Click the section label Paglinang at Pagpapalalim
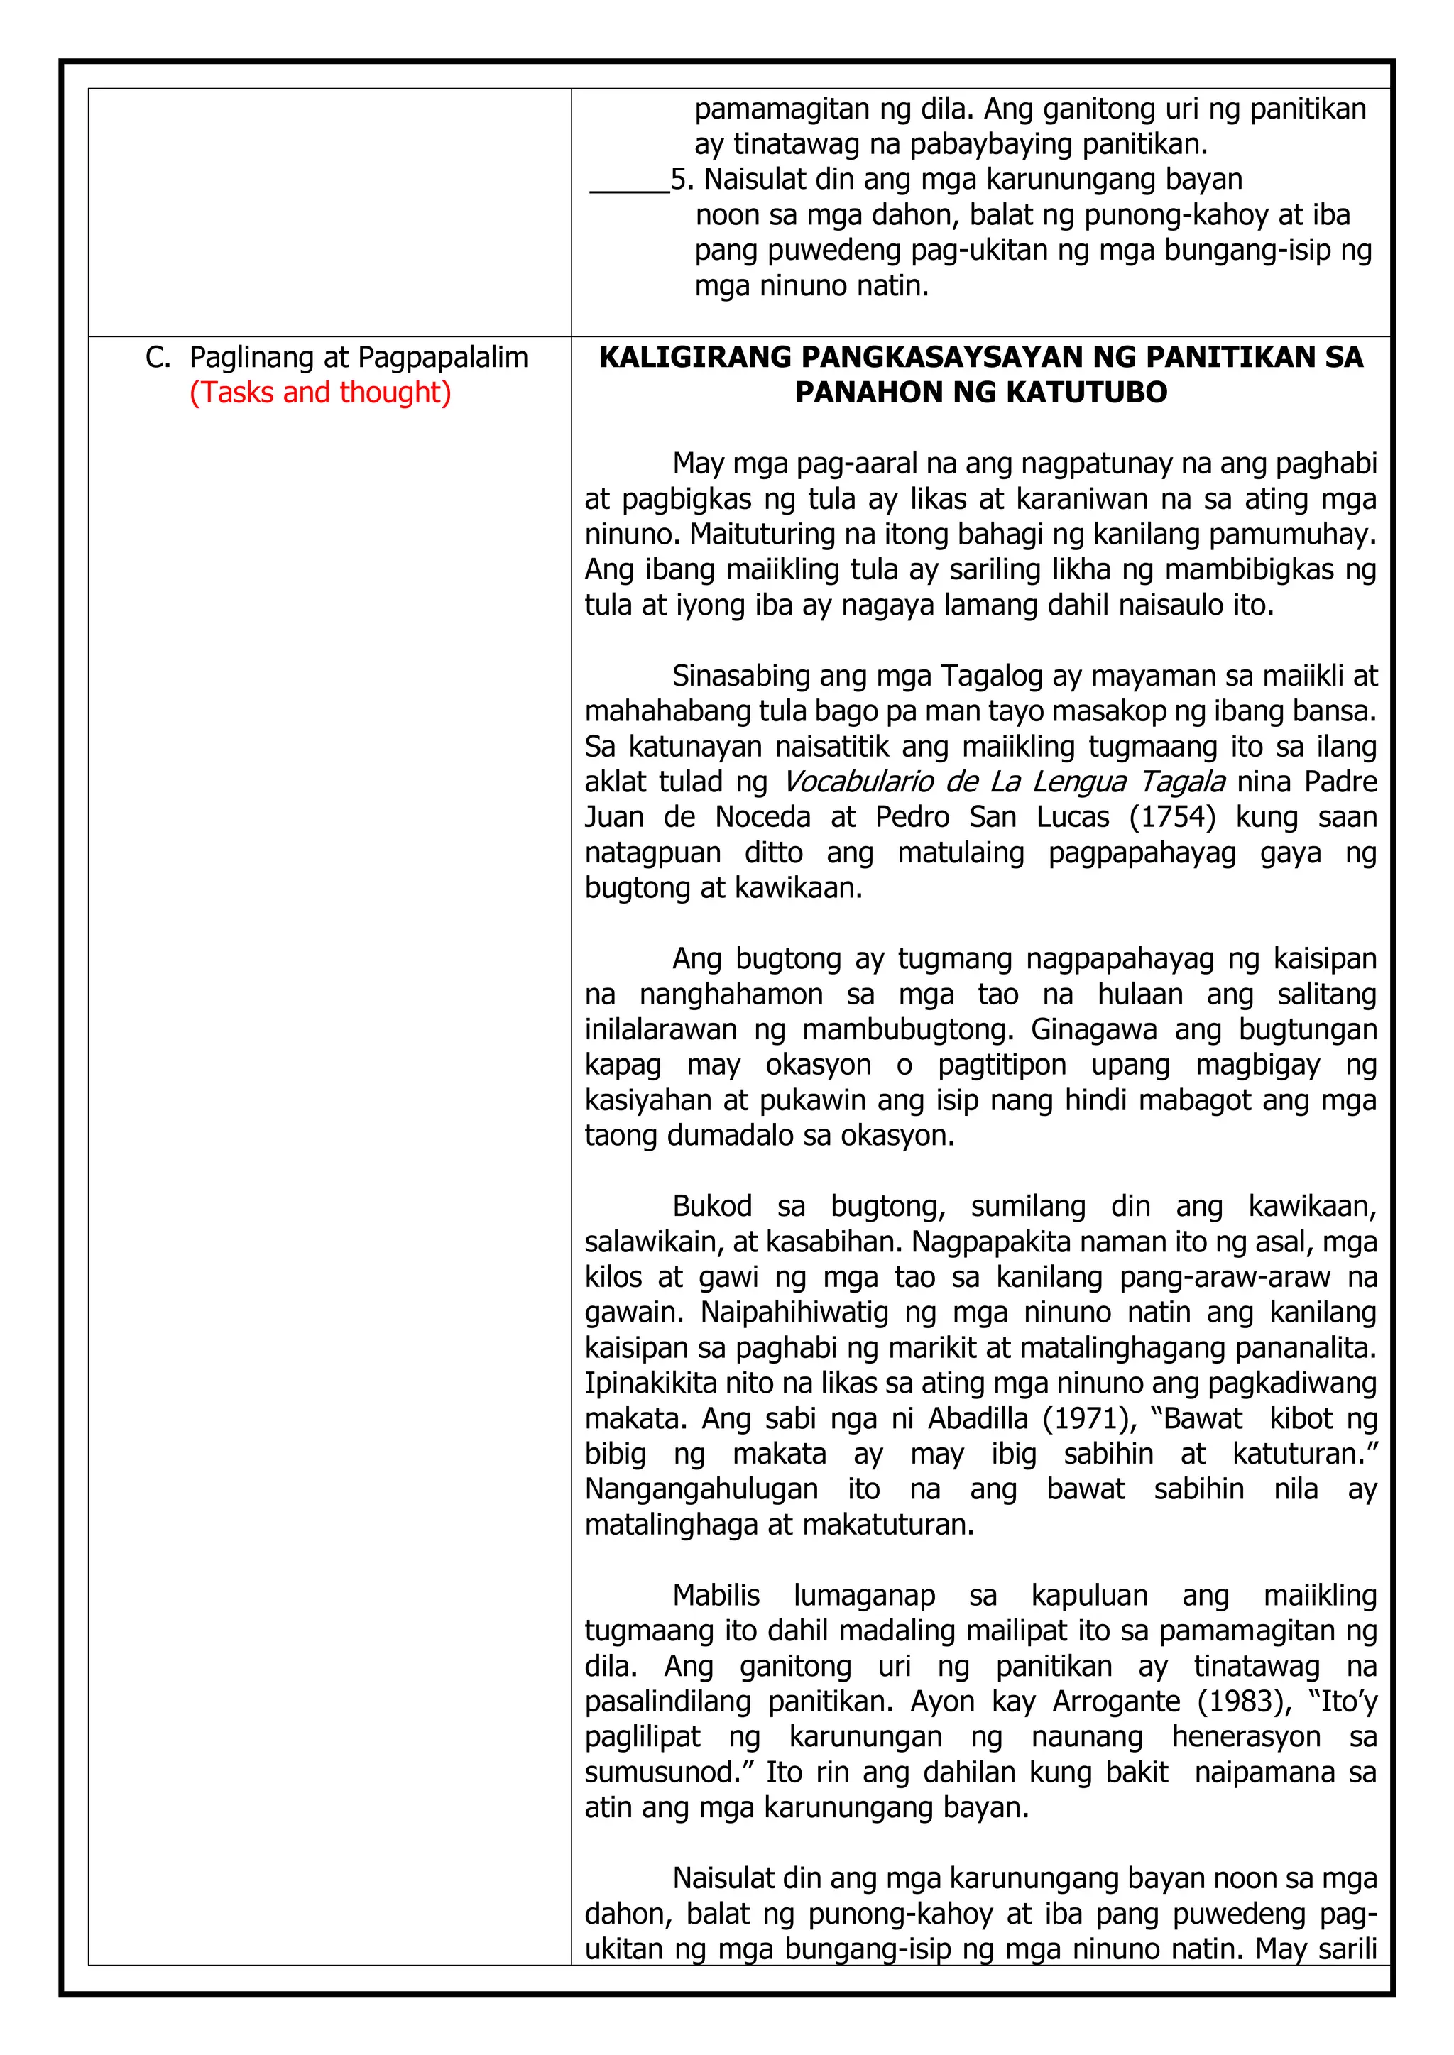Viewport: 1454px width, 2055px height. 358,357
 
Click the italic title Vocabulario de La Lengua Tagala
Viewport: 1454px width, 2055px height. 1004,782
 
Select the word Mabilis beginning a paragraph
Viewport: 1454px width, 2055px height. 716,1595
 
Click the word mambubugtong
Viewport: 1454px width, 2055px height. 908,1029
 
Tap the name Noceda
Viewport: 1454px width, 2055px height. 762,816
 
